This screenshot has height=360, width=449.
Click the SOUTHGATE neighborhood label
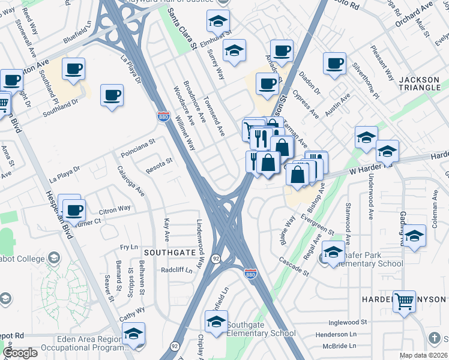point(170,253)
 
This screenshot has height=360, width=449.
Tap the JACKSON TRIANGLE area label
point(420,83)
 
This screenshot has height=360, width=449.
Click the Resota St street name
point(158,163)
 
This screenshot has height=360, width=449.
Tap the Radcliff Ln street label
point(176,270)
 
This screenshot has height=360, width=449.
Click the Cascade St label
point(293,267)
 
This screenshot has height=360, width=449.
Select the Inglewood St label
point(348,322)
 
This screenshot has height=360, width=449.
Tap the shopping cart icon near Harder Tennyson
point(405,301)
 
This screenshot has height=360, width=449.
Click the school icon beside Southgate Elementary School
point(217,323)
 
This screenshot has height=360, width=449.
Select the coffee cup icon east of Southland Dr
point(112,95)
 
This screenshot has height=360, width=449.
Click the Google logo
point(20,353)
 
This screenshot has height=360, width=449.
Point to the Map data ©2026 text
point(424,355)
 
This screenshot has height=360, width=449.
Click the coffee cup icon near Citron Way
point(74,211)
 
